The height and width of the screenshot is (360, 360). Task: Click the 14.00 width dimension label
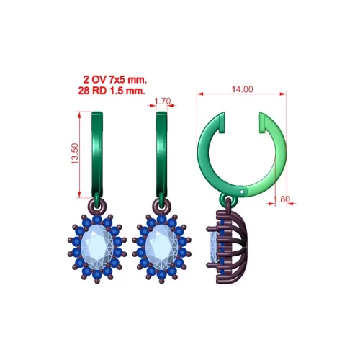click(242, 89)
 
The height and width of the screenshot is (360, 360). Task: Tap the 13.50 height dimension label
click(75, 153)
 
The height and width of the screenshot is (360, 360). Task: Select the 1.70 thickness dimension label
click(163, 102)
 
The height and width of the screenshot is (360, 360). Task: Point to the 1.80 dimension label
click(282, 199)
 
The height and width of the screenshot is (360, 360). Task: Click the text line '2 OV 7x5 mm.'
click(115, 79)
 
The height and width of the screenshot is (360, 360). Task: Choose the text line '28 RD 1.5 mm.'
click(112, 91)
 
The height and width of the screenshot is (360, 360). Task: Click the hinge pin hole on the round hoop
click(242, 192)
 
